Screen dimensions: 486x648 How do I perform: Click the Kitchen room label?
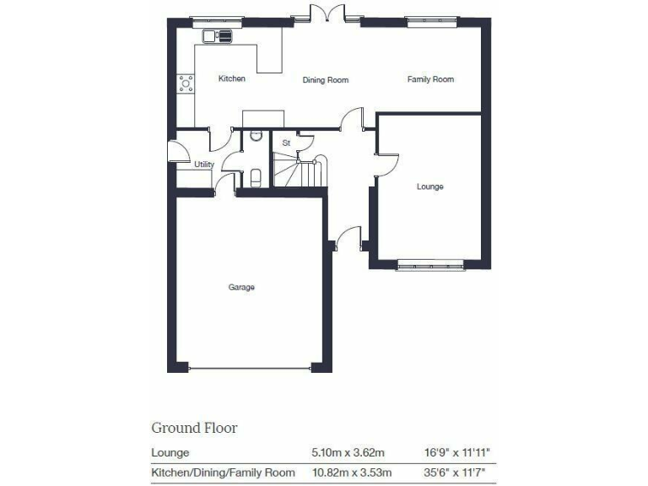[x=232, y=79]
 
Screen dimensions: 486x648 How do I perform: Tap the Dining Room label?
[x=326, y=80]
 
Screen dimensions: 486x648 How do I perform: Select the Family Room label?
[x=430, y=79]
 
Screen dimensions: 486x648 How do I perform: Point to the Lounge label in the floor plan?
[x=429, y=186]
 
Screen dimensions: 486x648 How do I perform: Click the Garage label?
[x=241, y=288]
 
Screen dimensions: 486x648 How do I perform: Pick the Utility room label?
[x=204, y=165]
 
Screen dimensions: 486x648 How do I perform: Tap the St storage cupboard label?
[x=286, y=143]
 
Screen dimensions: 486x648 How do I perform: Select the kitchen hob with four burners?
[x=185, y=84]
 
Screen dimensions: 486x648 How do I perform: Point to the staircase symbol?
[x=304, y=170]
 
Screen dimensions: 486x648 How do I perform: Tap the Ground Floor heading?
[x=194, y=428]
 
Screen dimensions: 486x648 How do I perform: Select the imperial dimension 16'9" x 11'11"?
[x=459, y=452]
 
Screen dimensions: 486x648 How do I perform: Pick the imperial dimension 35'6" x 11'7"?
[x=459, y=472]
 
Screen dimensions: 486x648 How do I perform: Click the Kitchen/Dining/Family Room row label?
[x=223, y=472]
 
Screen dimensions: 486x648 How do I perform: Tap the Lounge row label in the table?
[x=170, y=452]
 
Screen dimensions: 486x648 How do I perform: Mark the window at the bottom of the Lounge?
[x=430, y=266]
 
